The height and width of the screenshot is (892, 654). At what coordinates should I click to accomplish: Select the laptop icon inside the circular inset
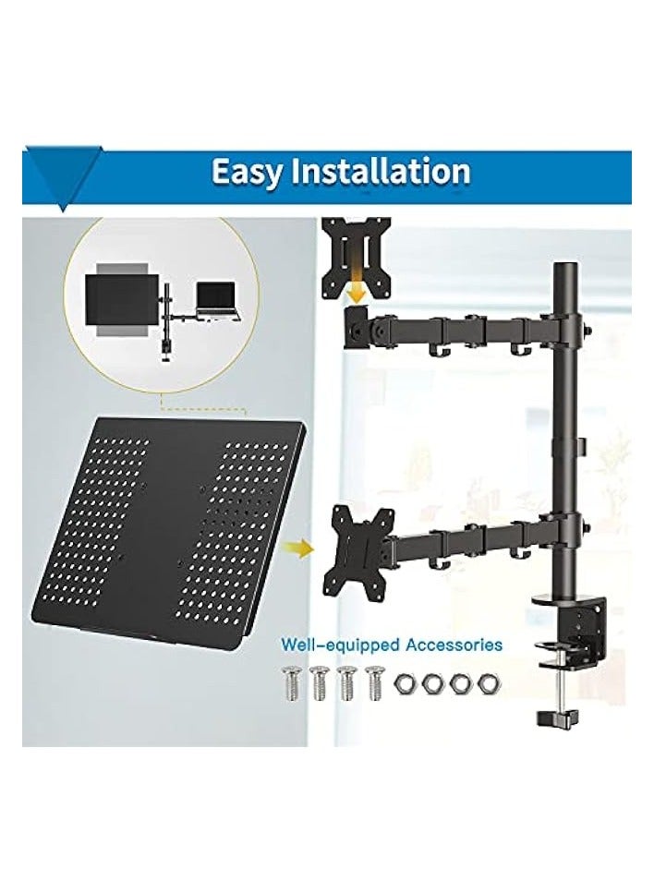click(217, 300)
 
